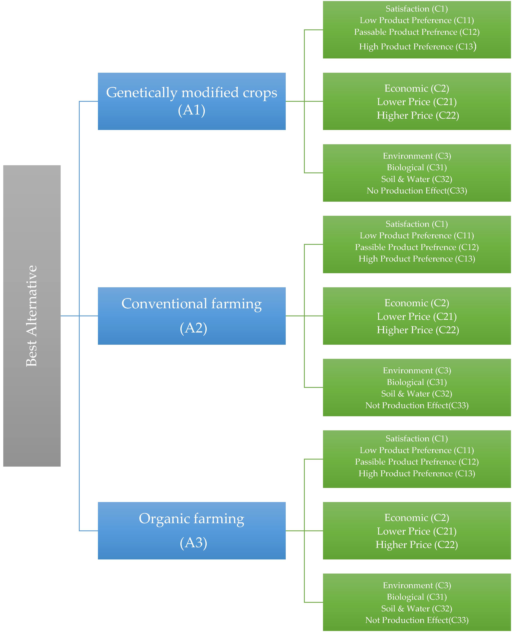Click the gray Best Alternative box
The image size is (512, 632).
[32, 316]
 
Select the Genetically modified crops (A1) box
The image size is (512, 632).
[192, 101]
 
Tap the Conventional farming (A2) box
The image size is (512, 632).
[192, 316]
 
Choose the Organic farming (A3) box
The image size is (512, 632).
[192, 531]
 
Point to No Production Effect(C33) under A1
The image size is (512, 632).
[417, 191]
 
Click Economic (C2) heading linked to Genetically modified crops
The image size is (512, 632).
[417, 88]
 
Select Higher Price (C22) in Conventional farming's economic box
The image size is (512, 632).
[418, 330]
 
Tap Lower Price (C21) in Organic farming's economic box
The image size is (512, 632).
[417, 531]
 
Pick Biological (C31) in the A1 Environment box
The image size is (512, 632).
[417, 167]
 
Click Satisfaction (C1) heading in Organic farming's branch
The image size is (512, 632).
[417, 438]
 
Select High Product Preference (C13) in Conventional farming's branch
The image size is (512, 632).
[417, 259]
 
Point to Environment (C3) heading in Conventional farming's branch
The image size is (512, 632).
[417, 370]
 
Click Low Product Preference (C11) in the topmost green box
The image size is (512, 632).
[417, 20]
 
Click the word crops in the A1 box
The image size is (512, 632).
[260, 92]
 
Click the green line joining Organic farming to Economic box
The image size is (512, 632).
[304, 531]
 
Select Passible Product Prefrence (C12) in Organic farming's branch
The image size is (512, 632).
[417, 462]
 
